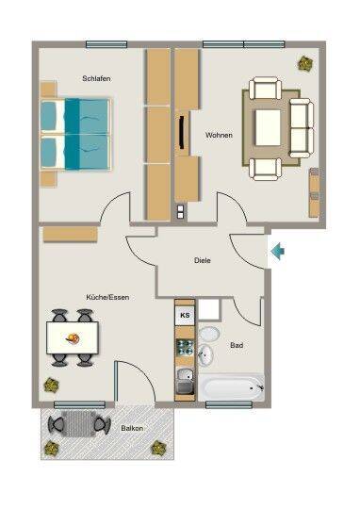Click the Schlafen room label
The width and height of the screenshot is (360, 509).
pos(96,78)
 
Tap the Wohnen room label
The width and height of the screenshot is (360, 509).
pos(219,135)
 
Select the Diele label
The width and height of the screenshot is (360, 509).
pos(203,260)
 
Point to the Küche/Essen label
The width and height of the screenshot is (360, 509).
pos(107,297)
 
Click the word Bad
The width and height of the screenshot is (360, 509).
pos(237,345)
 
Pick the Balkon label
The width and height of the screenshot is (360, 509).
pos(132,428)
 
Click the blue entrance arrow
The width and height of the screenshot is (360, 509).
pos(278,252)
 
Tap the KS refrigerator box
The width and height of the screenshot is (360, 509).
pos(185,315)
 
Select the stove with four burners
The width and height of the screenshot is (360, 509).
pos(186,347)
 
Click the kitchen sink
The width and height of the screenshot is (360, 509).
pos(185,382)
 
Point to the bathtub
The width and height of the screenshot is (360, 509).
pos(232,387)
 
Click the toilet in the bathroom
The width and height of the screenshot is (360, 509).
pos(208,334)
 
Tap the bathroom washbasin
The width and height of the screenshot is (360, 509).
pos(205,354)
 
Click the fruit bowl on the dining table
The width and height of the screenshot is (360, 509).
pos(73,339)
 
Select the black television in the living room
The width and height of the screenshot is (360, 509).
pos(181,133)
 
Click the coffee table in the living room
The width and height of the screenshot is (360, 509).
pos(268,127)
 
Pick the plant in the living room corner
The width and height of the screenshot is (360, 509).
pos(305,64)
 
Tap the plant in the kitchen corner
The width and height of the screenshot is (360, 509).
pos(51,386)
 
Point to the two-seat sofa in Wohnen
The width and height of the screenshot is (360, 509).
pos(302,128)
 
